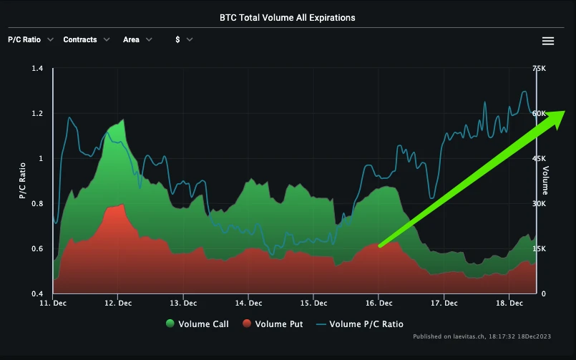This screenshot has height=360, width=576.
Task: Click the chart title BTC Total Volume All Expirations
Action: [287, 17]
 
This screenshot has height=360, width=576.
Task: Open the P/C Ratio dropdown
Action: [30, 40]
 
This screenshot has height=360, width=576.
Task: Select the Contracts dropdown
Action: [86, 40]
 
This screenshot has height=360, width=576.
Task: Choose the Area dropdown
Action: [137, 40]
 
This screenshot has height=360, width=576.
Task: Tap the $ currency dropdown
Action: [184, 40]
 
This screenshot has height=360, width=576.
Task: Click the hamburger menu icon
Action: [548, 41]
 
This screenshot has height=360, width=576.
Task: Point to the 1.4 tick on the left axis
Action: [37, 69]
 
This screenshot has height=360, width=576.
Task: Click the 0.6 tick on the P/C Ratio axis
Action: [37, 249]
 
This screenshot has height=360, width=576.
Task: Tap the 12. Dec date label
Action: [119, 303]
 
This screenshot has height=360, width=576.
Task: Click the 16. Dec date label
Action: [379, 303]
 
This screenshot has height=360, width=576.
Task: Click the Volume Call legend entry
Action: [197, 324]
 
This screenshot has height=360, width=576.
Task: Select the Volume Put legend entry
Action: [272, 324]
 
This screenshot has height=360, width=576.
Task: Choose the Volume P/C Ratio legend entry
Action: [359, 324]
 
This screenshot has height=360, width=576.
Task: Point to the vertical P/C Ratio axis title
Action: [22, 180]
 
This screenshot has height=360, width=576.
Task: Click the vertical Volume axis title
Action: [545, 180]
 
